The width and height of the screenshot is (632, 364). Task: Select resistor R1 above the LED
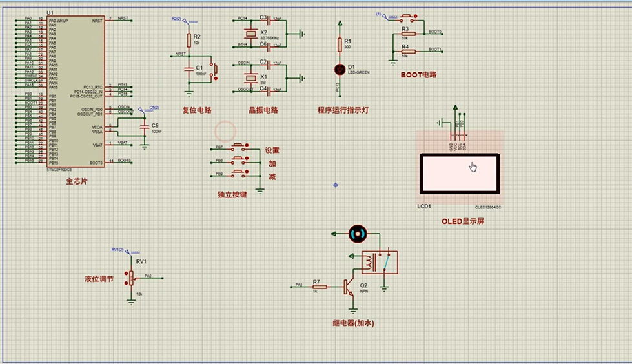[x=340, y=44]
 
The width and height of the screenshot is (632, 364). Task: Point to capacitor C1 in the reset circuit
[x=189, y=67]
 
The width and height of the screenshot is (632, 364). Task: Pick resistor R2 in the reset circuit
[x=189, y=40]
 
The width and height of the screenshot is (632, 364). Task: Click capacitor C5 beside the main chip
[x=143, y=127]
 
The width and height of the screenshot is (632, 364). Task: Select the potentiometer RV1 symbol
[x=131, y=278]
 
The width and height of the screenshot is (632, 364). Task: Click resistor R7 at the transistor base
[x=316, y=286]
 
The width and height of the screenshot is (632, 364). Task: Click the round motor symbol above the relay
[x=356, y=234]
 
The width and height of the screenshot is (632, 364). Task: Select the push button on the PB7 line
[x=238, y=148]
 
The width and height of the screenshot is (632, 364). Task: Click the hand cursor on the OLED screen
[x=473, y=167]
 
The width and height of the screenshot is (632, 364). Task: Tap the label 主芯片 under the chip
[x=76, y=182]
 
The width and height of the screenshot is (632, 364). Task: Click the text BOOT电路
[x=418, y=75]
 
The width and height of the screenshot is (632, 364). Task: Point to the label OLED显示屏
[x=462, y=221]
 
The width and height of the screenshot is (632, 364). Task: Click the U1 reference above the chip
[x=50, y=14]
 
